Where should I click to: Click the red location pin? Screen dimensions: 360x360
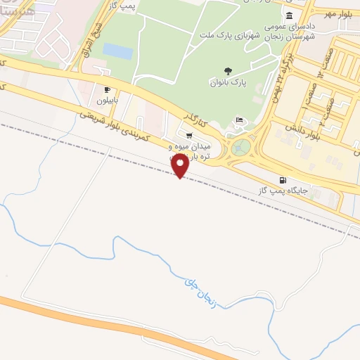(x=180, y=166)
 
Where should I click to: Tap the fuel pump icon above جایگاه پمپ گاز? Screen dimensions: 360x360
(x=283, y=180)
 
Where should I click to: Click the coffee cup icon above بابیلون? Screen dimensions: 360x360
(x=107, y=89)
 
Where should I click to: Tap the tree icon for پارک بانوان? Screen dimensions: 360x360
(x=227, y=70)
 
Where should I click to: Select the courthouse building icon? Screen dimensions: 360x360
(x=290, y=15)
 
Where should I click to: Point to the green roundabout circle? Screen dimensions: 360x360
(x=242, y=148)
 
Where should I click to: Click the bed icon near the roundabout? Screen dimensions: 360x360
(x=240, y=120)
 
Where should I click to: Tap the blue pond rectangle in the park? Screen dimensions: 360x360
(x=117, y=51)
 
